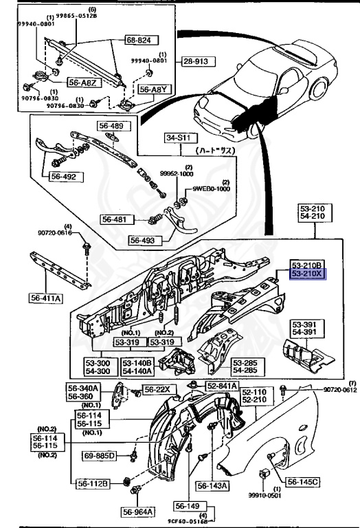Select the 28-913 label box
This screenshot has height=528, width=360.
[x=198, y=61]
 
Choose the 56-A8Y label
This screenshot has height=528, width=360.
[x=153, y=89]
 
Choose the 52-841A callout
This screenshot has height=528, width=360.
[x=219, y=386]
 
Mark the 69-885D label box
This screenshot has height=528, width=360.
[x=101, y=456]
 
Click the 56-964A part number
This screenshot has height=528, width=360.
[x=139, y=511]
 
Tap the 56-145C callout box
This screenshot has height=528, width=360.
[x=303, y=483]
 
